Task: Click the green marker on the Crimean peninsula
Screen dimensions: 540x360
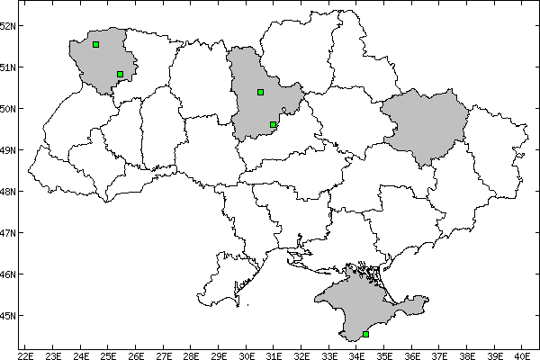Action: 365,334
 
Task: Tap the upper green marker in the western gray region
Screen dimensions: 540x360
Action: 95,44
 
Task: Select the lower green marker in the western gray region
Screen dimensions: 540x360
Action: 120,74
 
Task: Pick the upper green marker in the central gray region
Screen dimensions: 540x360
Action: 260,92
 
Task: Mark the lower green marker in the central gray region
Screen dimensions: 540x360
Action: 273,124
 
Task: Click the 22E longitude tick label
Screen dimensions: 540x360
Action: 25,353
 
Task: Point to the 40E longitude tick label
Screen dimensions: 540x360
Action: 525,353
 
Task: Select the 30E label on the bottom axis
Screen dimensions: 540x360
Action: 247,353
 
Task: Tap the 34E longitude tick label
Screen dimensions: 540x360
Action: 358,353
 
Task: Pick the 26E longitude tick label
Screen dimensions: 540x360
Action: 136,353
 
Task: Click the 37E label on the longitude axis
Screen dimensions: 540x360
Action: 441,353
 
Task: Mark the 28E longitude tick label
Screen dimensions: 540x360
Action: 192,353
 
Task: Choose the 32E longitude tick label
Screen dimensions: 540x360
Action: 302,353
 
